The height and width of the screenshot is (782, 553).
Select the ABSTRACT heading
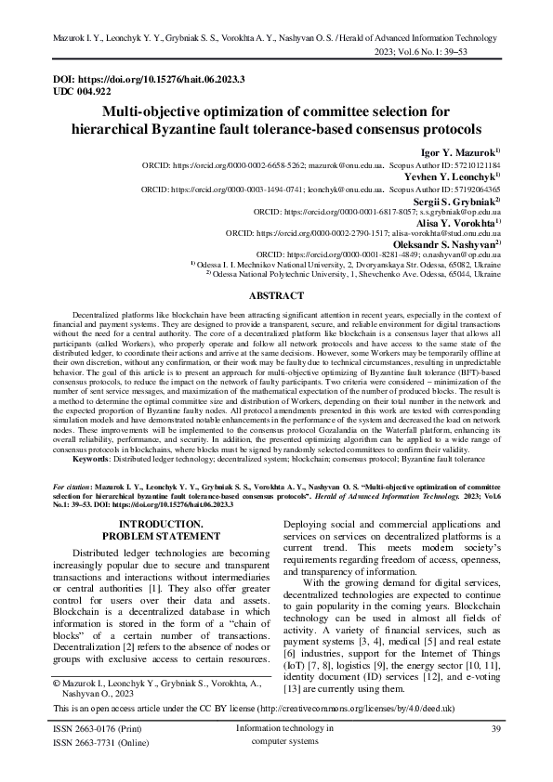[x=276, y=295]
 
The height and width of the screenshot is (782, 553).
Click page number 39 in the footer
[x=494, y=730]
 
